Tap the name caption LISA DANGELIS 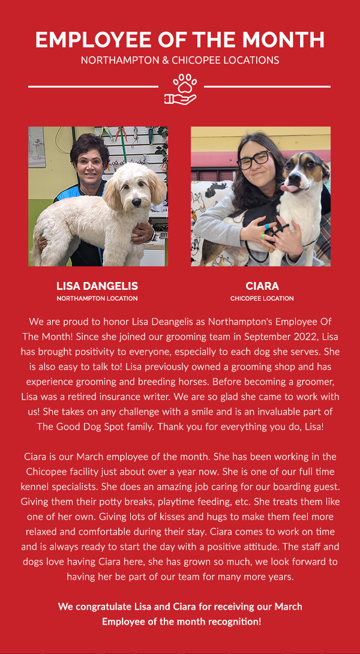[97, 286]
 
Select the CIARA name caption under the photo [262, 286]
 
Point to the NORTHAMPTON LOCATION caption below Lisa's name [97, 298]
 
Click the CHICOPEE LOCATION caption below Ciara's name [262, 298]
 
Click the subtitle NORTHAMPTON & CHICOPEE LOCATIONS [180, 60]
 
